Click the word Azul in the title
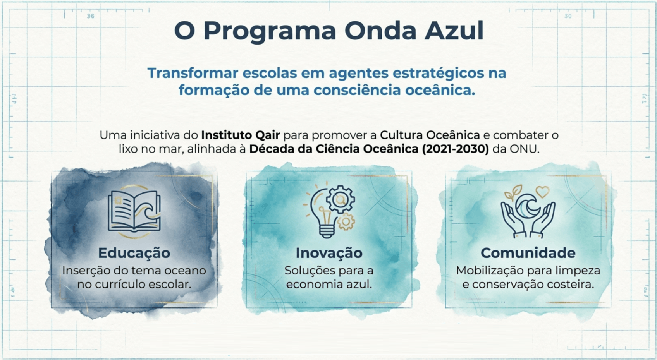pos(454,31)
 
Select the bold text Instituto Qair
pos(241,135)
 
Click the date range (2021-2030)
pos(456,149)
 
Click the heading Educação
pos(134,253)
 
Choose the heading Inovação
pos(329,253)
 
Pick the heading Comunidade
pos(528,253)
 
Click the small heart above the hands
pos(542,192)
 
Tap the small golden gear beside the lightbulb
pos(346,222)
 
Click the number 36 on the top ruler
pos(91,16)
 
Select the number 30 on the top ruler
pos(568,16)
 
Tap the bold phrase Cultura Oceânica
pos(430,135)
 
